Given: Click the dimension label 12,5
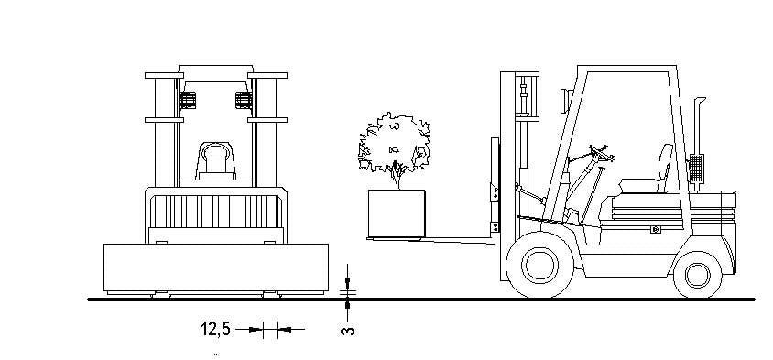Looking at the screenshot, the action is click(x=215, y=329).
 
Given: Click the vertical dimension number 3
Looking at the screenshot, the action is click(x=347, y=331).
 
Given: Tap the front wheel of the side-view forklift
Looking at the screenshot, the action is click(x=539, y=265).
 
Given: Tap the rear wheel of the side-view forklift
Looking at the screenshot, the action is click(x=697, y=275).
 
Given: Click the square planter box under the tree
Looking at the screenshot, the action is click(x=397, y=213).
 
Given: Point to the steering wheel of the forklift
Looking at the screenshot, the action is click(x=602, y=153).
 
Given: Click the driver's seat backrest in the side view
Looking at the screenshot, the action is click(x=665, y=168).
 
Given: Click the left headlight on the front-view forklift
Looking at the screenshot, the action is click(x=188, y=101).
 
